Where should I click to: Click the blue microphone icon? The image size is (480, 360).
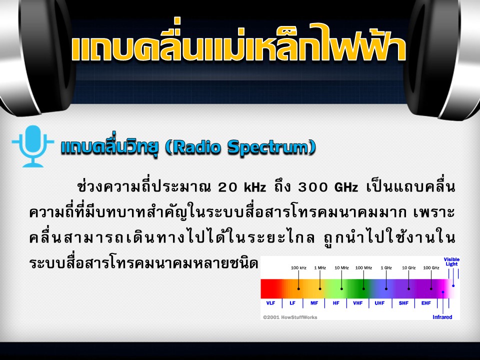(x=33, y=146)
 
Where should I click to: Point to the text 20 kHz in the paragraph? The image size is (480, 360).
(x=242, y=187)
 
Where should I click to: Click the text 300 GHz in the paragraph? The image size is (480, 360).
(x=328, y=187)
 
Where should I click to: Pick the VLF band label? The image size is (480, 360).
(x=270, y=303)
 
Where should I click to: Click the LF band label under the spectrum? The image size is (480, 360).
(x=292, y=303)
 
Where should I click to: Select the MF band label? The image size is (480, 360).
(x=314, y=303)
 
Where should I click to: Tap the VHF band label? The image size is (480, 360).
(x=357, y=303)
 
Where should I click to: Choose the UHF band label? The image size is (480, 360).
(x=379, y=303)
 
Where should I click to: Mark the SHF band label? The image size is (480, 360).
(x=403, y=303)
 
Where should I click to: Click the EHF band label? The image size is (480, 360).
(x=426, y=303)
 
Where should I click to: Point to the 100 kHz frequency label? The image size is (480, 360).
(x=298, y=268)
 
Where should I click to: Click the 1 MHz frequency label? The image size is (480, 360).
(x=320, y=268)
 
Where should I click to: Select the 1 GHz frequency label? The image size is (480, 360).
(x=386, y=268)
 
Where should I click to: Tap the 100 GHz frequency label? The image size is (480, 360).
(x=431, y=268)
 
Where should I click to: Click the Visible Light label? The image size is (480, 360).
(x=451, y=261)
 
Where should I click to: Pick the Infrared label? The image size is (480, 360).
(x=442, y=317)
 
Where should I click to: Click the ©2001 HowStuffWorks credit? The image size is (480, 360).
(x=290, y=317)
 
